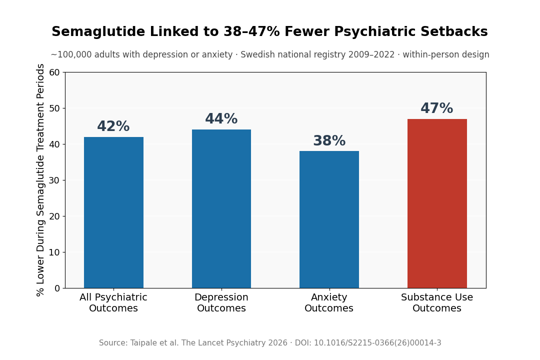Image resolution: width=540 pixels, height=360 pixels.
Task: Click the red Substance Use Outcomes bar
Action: pyautogui.click(x=437, y=203)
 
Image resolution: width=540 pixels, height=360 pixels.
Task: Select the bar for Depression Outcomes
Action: pyautogui.click(x=221, y=209)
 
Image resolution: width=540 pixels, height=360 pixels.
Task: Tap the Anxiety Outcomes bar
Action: pyautogui.click(x=329, y=219)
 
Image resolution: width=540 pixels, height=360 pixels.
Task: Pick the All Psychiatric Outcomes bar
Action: pyautogui.click(x=113, y=212)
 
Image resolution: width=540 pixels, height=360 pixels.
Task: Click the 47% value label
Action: pyautogui.click(x=436, y=108)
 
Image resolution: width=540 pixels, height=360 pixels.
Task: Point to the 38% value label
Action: pyautogui.click(x=329, y=141)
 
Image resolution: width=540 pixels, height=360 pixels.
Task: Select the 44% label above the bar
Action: pyautogui.click(x=221, y=119)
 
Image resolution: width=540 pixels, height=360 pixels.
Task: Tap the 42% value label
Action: pyautogui.click(x=113, y=126)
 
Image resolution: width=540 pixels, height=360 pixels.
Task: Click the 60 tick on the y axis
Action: pyautogui.click(x=54, y=72)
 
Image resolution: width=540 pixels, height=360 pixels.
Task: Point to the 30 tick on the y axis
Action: pyautogui.click(x=54, y=180)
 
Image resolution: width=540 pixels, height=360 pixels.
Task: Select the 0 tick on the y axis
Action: pyautogui.click(x=57, y=288)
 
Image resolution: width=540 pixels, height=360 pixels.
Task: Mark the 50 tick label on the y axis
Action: pyautogui.click(x=54, y=108)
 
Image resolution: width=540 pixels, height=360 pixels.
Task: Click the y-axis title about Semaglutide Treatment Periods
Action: pyautogui.click(x=41, y=180)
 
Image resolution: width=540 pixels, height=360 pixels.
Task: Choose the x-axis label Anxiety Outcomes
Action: pyautogui.click(x=329, y=303)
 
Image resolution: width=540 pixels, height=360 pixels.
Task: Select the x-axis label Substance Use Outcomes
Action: pyautogui.click(x=437, y=303)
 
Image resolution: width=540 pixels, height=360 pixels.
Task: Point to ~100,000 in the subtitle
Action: pyautogui.click(x=71, y=55)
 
